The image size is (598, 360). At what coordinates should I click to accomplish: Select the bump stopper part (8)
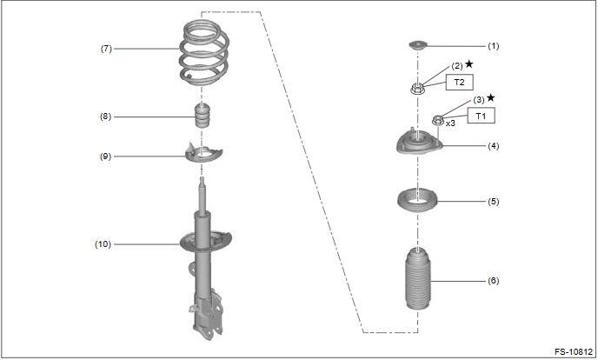point(203,115)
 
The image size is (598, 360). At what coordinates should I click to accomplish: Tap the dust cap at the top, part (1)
point(418,45)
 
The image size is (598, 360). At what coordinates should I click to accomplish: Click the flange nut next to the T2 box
point(417,89)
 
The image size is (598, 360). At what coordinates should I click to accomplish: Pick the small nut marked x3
point(438,120)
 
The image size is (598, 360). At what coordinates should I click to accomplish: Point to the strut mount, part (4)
point(419,143)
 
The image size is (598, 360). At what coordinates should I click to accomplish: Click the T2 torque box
point(460,82)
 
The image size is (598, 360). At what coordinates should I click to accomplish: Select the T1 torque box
point(482,116)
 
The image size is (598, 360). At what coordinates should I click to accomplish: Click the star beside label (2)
point(469,64)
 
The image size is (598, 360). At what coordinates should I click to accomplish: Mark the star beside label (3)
point(491,98)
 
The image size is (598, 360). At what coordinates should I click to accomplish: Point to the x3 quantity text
point(450,123)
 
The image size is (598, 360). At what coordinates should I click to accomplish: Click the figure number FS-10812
point(574,352)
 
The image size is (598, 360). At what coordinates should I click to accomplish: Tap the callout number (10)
point(103,244)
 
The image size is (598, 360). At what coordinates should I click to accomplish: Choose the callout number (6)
point(493,281)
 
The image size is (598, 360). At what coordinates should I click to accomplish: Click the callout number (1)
point(493,46)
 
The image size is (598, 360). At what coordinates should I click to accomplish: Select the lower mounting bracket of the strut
point(206,315)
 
